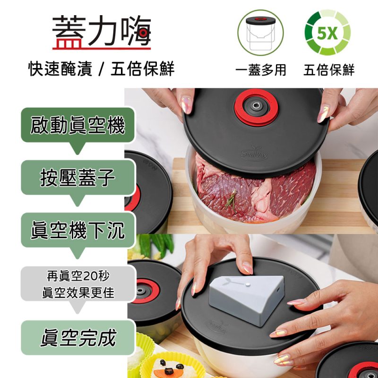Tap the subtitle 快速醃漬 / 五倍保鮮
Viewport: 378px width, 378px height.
pos(102,69)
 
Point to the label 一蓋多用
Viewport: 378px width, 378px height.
pos(261,70)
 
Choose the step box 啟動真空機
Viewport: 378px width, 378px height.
pos(78,126)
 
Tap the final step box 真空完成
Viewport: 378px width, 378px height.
pos(78,338)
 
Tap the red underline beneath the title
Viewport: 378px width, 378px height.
pos(102,48)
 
